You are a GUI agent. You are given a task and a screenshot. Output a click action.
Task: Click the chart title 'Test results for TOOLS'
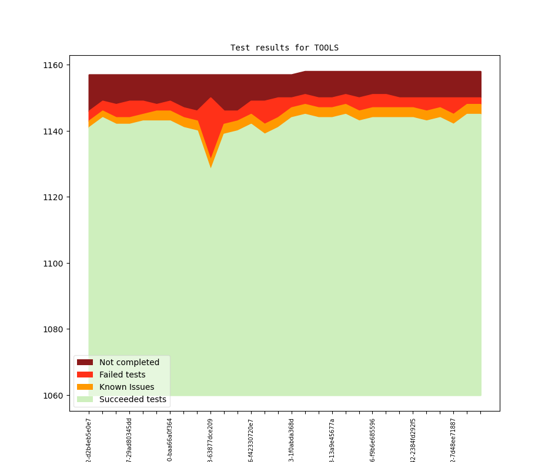[x=284, y=48]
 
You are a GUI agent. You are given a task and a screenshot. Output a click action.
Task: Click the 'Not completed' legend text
[x=129, y=362]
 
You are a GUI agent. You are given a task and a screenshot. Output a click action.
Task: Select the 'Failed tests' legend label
[x=122, y=375]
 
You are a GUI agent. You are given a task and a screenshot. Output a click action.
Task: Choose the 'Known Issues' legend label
[x=126, y=387]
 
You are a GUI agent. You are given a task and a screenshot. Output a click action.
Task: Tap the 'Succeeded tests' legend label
[x=132, y=399]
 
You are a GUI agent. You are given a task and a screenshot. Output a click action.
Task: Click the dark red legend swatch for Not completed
[x=85, y=362]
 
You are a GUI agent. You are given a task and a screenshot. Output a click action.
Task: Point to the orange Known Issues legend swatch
[x=85, y=387]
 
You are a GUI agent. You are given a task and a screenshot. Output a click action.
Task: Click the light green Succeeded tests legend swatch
[x=85, y=399]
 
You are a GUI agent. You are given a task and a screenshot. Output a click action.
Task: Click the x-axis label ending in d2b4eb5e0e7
[x=89, y=440]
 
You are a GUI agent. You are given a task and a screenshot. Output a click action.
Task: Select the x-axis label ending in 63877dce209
[x=210, y=440]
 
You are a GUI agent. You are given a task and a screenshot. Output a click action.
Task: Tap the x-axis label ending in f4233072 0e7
[x=251, y=440]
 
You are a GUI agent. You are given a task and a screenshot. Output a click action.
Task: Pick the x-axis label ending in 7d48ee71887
[x=453, y=440]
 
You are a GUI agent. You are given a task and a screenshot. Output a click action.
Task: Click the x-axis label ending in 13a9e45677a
[x=332, y=440]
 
